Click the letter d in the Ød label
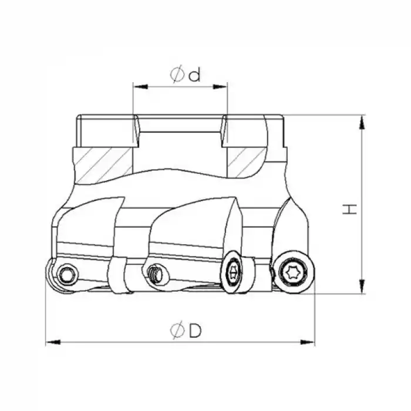(x=195, y=75)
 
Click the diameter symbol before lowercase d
(x=177, y=75)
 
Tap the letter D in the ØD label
(x=195, y=331)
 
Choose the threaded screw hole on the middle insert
(x=156, y=273)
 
